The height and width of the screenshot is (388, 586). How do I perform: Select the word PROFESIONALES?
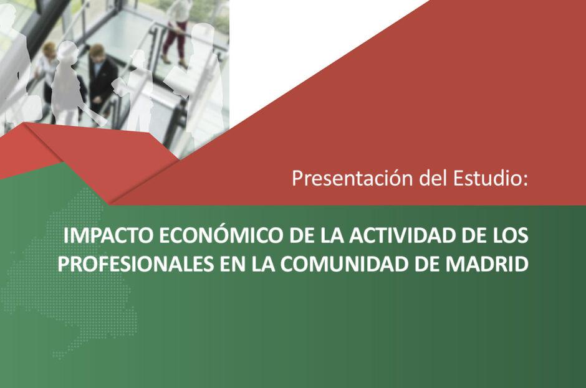[136, 265]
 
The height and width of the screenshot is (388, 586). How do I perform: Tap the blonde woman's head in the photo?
[49, 50]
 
